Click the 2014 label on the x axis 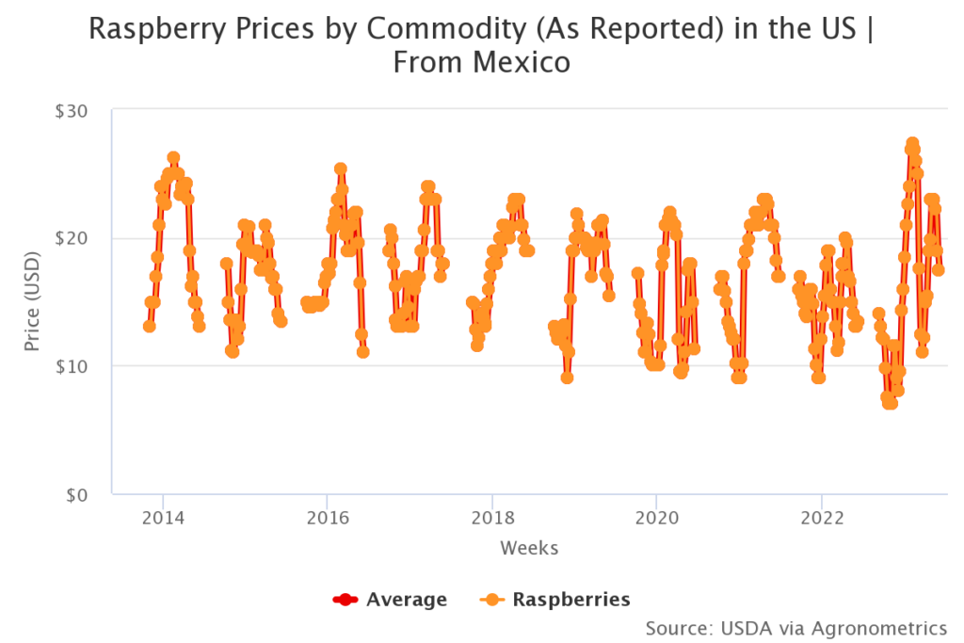(162, 518)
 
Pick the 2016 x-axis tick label (327, 518)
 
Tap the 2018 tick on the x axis (491, 518)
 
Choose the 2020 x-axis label (656, 518)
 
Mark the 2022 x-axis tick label (821, 518)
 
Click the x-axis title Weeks (529, 548)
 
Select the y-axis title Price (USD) (33, 301)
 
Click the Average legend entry (390, 600)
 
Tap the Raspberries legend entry (554, 600)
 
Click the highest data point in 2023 (912, 144)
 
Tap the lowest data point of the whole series (889, 403)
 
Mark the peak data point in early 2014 (173, 158)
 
